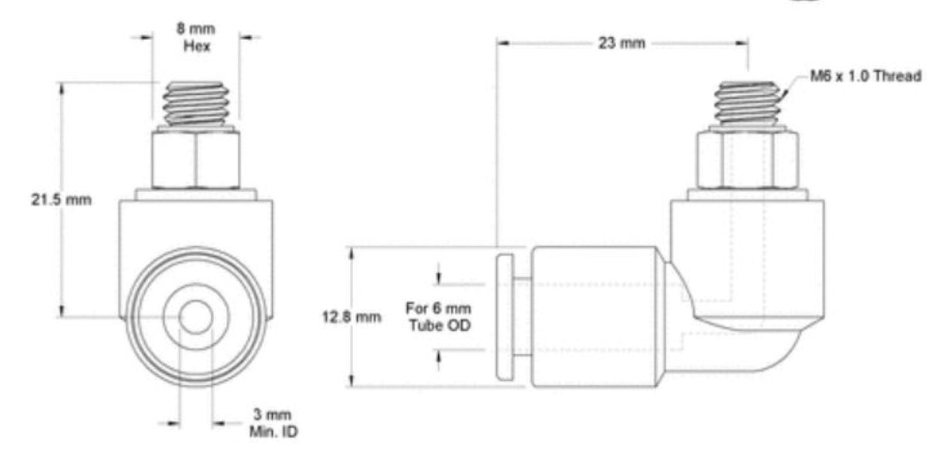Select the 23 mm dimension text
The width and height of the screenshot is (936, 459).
(621, 43)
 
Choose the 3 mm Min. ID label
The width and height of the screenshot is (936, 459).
(273, 424)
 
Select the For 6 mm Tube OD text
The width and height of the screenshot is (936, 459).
(439, 317)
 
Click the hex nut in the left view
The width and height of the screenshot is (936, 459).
(196, 160)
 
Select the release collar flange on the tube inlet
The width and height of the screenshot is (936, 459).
(505, 316)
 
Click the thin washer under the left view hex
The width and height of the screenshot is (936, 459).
(196, 194)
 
